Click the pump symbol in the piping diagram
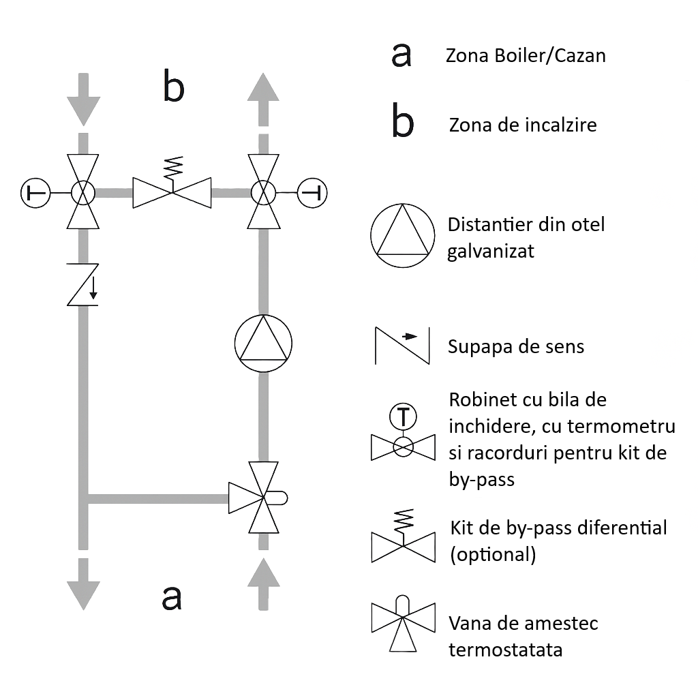tap(262, 343)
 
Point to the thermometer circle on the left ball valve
tap(34, 194)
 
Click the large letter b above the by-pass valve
tap(173, 87)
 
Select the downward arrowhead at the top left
tap(83, 109)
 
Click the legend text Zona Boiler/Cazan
tap(525, 56)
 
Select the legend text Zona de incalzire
tap(522, 125)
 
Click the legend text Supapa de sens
tap(515, 347)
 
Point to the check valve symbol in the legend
tap(402, 346)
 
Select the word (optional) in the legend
tap(492, 555)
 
